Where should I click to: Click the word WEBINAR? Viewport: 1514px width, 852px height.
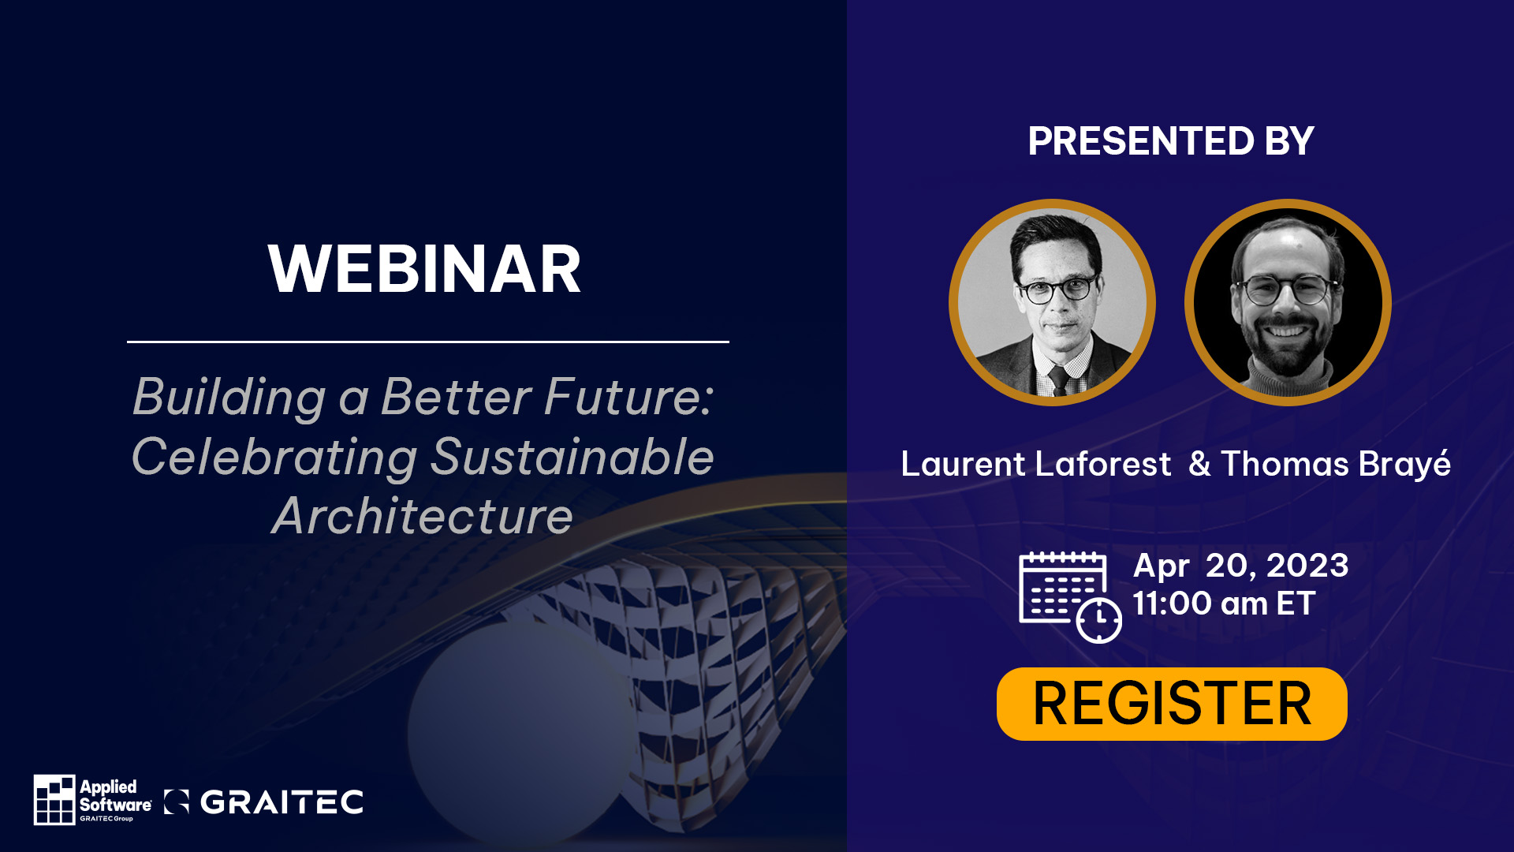pos(424,269)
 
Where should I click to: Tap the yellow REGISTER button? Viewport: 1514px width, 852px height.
pos(1172,704)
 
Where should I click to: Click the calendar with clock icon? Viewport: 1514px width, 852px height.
pos(1070,597)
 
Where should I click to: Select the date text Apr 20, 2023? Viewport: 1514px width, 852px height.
pos(1240,566)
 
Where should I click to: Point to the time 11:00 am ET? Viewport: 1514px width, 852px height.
pos(1224,603)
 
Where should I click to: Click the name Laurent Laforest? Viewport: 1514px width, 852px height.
pos(1036,464)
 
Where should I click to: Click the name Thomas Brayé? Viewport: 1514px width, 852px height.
pos(1336,465)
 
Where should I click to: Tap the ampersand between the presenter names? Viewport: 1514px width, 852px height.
pos(1199,464)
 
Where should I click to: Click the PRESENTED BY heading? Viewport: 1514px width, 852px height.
pos(1171,141)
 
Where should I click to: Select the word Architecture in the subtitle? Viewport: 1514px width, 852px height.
pos(423,516)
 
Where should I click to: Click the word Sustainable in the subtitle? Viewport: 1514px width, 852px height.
pos(572,456)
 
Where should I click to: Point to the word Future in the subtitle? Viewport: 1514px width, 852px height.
pos(628,396)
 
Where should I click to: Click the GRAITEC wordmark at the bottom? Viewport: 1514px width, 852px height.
pos(282,802)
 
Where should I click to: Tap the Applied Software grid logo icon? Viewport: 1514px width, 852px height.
pos(54,799)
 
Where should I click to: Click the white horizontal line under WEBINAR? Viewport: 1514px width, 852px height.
pos(428,342)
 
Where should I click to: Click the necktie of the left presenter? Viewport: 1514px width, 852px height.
pos(1057,380)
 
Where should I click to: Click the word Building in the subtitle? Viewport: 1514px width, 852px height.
pos(229,397)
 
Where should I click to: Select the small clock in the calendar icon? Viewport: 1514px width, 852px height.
pos(1099,620)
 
